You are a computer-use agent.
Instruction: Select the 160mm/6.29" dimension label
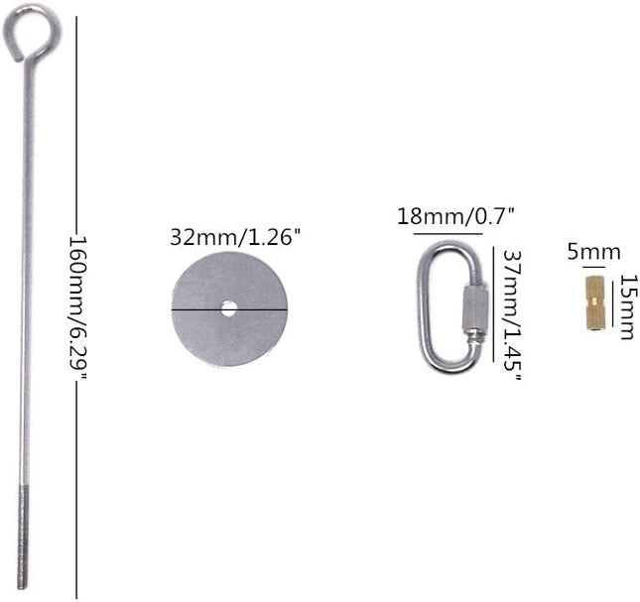77,307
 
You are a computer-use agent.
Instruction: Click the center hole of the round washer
228,308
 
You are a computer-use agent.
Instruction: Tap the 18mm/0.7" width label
455,216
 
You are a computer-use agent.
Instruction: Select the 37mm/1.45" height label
512,314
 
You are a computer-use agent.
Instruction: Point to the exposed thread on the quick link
475,337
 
